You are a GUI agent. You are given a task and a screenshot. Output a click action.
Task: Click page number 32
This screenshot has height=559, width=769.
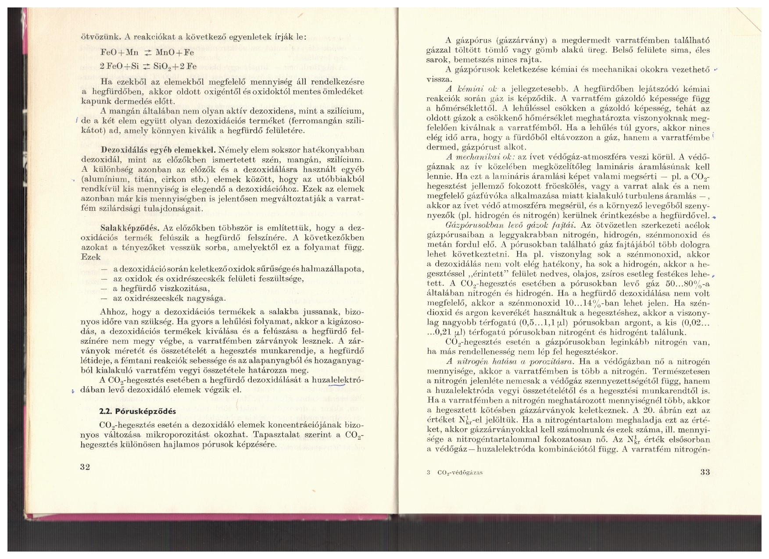(x=85, y=466)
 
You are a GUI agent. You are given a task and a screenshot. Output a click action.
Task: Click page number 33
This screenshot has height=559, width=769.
(x=705, y=472)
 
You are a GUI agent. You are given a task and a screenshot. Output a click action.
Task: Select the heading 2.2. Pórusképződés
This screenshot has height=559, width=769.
(x=137, y=411)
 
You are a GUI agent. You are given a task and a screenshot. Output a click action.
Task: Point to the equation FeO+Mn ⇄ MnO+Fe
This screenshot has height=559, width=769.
(x=147, y=52)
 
